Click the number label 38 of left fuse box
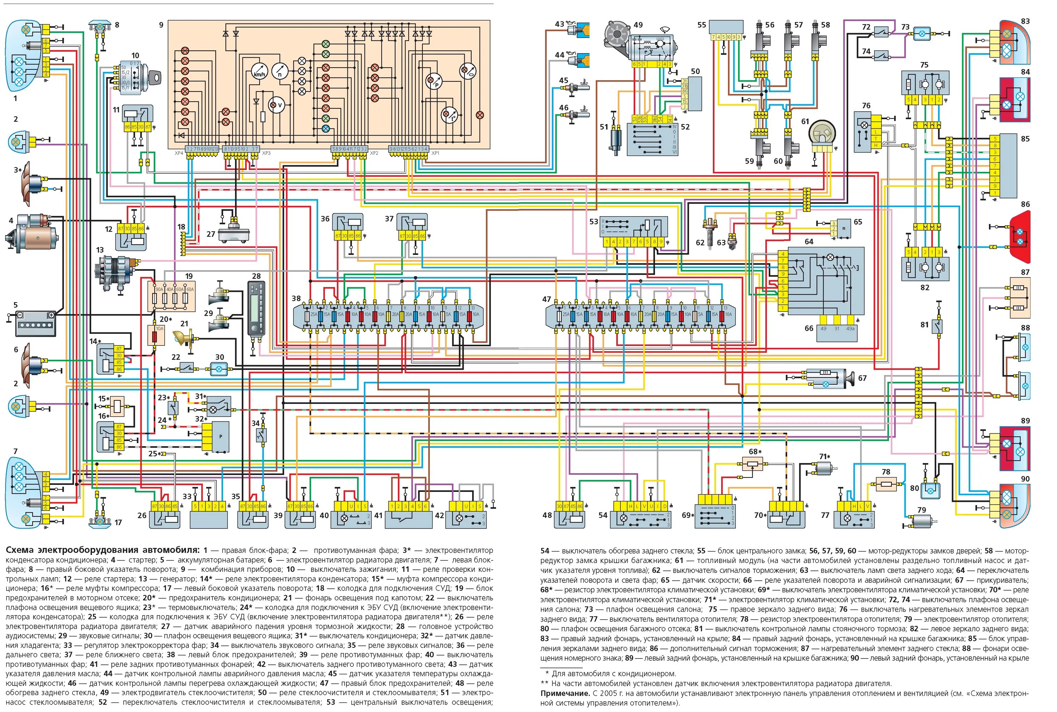pos(296,298)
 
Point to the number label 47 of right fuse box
pos(546,299)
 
